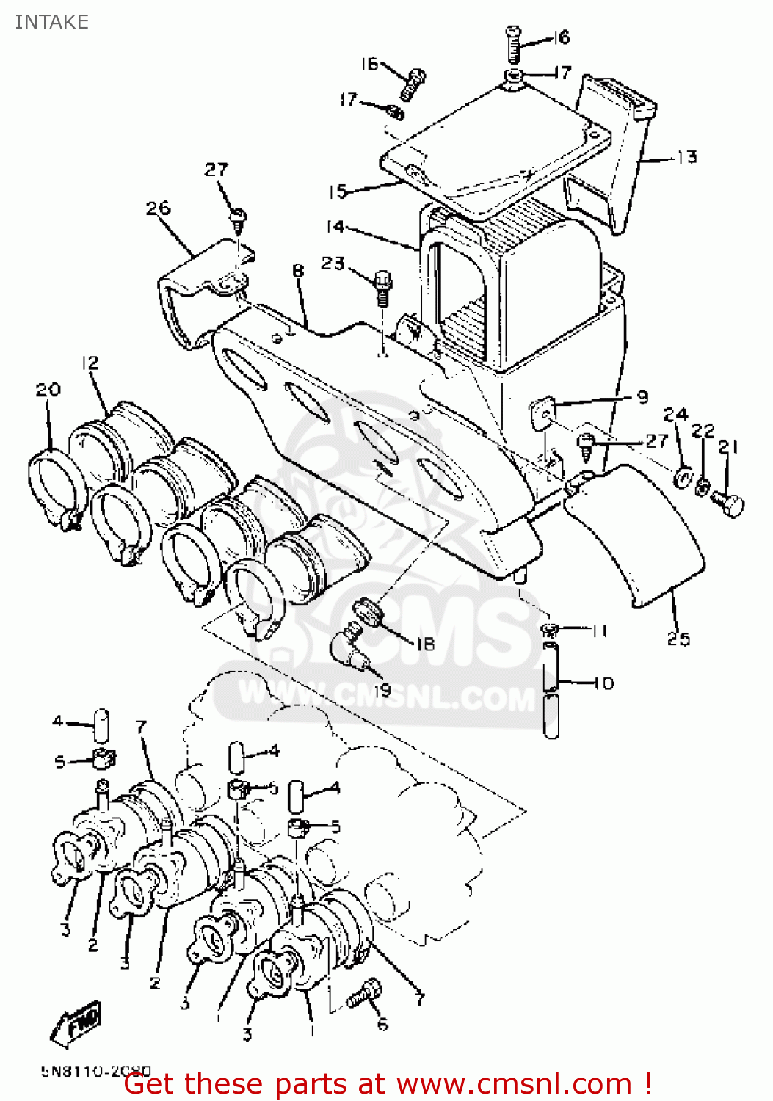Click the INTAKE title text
(51, 22)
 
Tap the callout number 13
(686, 157)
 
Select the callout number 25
(678, 639)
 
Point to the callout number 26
(158, 208)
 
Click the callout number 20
(48, 390)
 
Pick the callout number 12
(90, 363)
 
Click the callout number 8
(297, 271)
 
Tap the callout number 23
(333, 263)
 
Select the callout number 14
(335, 227)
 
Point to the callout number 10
(603, 683)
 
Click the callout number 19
(382, 690)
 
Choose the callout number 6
(382, 1024)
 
